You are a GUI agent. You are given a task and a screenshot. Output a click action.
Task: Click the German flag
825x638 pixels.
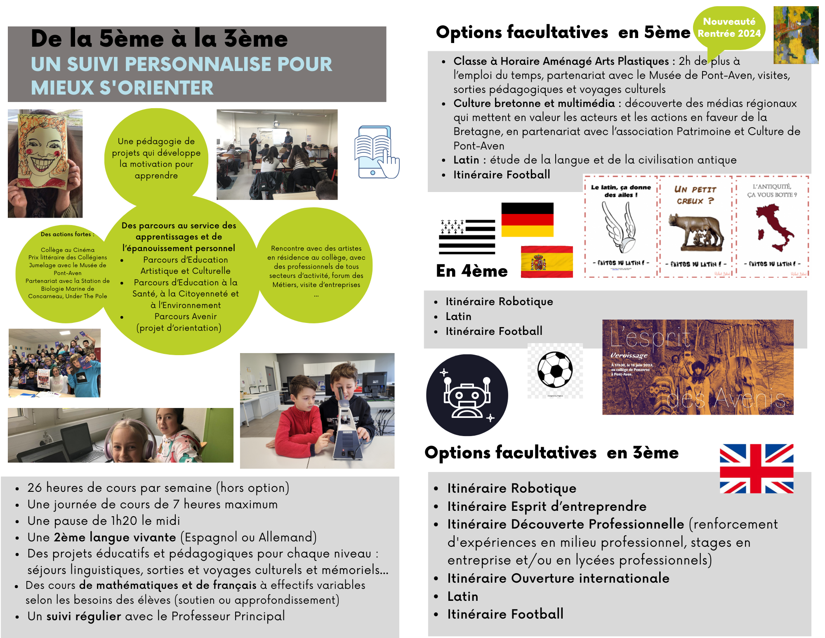(527, 219)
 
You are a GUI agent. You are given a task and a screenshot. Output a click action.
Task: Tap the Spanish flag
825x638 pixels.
(547, 262)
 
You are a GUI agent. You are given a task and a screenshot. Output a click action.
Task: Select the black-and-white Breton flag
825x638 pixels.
(467, 237)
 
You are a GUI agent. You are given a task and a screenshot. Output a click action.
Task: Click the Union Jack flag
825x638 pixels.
(757, 469)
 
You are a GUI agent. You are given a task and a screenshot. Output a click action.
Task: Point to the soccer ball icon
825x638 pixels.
(555, 369)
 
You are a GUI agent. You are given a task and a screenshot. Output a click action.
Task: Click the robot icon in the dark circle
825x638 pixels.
(467, 395)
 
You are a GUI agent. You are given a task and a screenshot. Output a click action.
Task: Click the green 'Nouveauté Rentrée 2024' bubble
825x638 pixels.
(729, 28)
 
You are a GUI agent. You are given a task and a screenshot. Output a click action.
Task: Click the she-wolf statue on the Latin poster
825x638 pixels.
(695, 233)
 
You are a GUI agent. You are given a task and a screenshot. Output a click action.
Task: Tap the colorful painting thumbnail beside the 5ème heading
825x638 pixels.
(796, 35)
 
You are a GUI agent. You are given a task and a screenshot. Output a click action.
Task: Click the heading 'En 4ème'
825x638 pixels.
(471, 271)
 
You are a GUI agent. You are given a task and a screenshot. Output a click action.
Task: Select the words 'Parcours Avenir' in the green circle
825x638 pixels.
(186, 316)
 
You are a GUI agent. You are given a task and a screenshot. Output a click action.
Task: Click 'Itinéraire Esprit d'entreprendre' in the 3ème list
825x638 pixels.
(547, 506)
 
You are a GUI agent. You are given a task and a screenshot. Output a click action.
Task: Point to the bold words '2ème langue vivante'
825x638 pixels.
(115, 537)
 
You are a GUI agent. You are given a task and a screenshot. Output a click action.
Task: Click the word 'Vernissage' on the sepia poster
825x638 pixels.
(629, 355)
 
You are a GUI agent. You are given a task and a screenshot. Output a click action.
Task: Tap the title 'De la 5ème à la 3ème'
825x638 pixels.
(159, 39)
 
